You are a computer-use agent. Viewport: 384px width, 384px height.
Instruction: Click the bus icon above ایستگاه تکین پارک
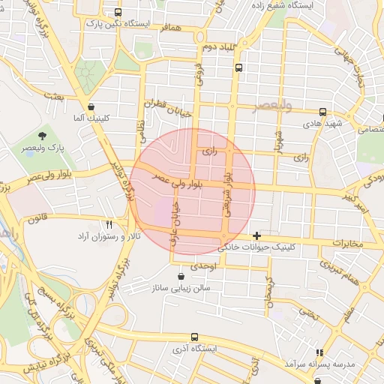tap(118, 13)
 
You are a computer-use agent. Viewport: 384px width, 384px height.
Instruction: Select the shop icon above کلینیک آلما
tap(91, 106)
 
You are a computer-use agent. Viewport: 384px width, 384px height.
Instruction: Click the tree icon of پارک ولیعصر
tap(42, 136)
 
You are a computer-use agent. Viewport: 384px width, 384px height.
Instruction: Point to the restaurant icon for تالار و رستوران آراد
tap(109, 224)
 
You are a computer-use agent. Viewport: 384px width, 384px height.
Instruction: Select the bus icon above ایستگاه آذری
tap(195, 337)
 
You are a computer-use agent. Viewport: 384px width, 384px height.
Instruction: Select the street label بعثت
tap(53, 96)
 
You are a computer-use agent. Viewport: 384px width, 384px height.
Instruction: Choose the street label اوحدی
tap(203, 266)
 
